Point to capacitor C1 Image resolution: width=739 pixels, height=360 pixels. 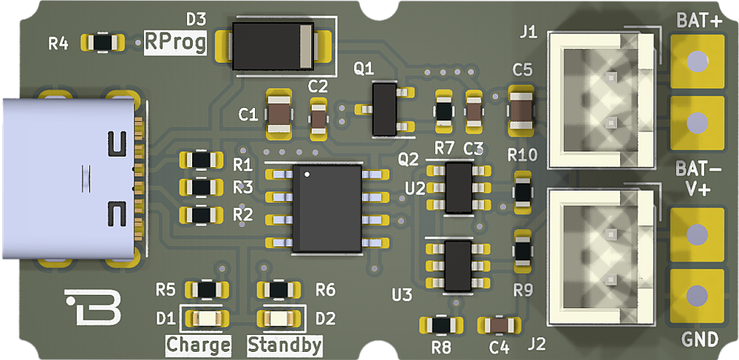click(x=279, y=112)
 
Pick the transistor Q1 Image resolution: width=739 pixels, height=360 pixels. click(x=385, y=109)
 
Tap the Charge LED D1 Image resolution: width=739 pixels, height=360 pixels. click(x=206, y=319)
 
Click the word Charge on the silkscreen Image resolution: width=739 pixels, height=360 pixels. click(x=198, y=345)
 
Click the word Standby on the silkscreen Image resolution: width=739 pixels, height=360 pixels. click(x=285, y=345)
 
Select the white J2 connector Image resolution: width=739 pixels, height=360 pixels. click(x=602, y=255)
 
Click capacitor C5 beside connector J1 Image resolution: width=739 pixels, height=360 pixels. click(x=522, y=112)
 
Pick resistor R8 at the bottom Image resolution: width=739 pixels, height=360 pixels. click(x=440, y=325)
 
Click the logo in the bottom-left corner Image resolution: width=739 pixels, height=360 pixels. click(x=93, y=307)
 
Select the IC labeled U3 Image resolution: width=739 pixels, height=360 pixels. click(x=458, y=264)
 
